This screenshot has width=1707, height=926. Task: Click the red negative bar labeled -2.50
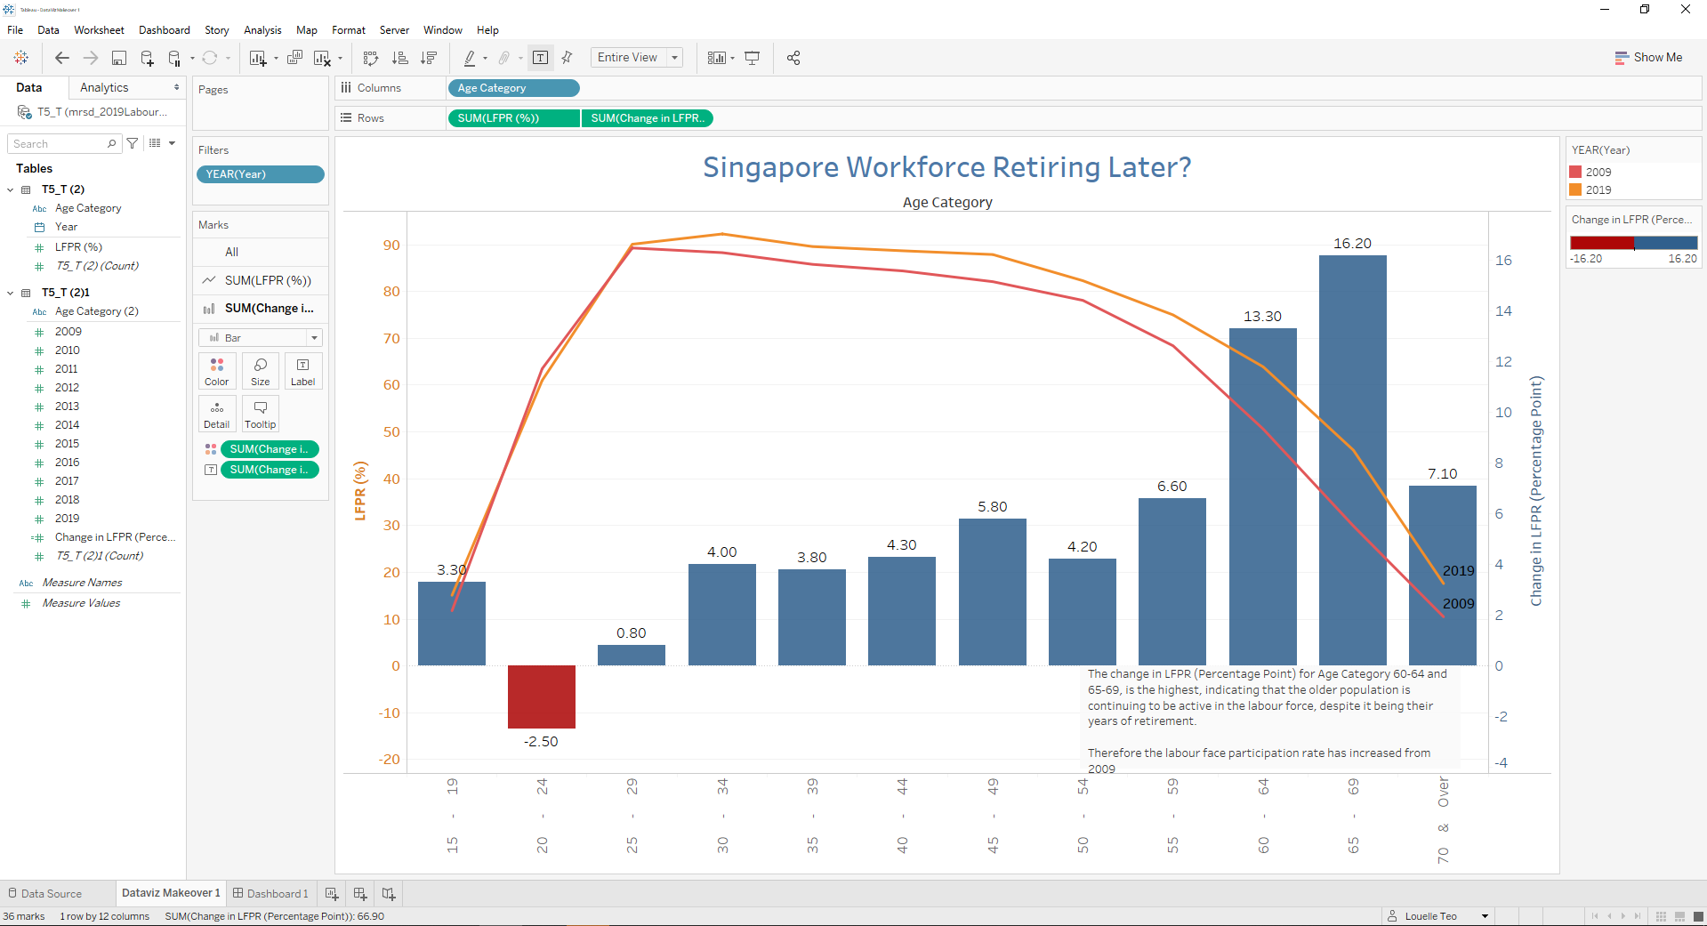point(541,697)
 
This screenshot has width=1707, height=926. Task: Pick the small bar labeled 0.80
point(631,655)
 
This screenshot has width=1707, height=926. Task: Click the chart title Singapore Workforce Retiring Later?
point(946,167)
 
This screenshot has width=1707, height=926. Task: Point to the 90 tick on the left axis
point(391,246)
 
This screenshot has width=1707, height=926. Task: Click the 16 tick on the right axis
point(1503,261)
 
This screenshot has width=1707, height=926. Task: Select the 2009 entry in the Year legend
point(1598,173)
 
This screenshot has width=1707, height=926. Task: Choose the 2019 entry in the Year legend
point(1598,190)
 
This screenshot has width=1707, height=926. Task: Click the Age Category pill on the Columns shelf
point(513,88)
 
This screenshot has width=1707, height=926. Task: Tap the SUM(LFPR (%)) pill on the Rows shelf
point(513,118)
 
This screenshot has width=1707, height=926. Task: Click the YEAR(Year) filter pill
point(260,174)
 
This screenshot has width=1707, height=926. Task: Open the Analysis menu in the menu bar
point(262,30)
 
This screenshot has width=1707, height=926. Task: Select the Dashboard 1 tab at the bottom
point(271,893)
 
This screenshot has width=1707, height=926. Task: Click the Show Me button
point(1648,58)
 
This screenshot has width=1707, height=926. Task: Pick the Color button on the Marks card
point(216,371)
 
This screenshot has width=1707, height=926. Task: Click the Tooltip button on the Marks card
point(260,414)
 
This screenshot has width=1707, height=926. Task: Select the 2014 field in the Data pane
point(68,425)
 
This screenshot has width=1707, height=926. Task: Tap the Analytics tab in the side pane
point(104,88)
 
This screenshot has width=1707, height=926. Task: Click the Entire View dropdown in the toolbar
point(636,58)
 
